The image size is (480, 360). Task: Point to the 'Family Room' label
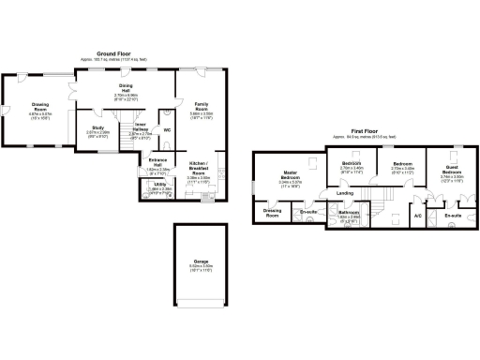[202, 105]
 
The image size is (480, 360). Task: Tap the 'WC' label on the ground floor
[167, 129]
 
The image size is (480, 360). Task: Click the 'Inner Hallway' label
[140, 127]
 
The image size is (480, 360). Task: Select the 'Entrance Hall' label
[157, 163]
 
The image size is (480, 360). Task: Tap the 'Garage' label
[201, 261]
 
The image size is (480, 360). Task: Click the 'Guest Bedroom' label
[452, 172]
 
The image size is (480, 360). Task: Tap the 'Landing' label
[345, 194]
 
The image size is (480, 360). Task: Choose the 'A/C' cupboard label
[418, 217]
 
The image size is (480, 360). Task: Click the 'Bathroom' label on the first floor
[349, 214]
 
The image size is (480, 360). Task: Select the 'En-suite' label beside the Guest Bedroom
[453, 216]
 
